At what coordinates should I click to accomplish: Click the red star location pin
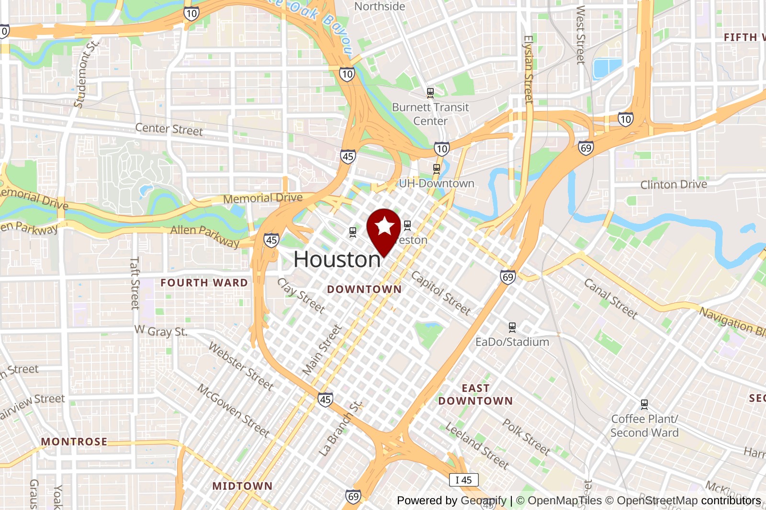tap(383, 229)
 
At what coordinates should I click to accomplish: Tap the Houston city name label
tap(337, 260)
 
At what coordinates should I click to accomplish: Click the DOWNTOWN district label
tap(364, 289)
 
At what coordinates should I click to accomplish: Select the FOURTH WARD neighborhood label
tap(204, 283)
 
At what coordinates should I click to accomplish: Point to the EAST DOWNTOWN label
tap(475, 395)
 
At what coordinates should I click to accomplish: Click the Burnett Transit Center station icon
tap(430, 92)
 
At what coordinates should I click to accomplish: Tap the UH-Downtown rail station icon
tap(436, 168)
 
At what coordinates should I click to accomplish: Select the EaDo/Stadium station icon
tap(512, 327)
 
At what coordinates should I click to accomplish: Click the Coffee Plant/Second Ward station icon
tap(644, 404)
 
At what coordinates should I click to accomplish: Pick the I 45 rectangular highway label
tap(463, 480)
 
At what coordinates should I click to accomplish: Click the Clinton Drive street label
tap(674, 185)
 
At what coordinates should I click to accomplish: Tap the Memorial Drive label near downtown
tap(263, 198)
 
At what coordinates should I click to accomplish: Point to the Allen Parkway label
tap(205, 235)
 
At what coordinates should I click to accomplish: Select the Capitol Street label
tap(441, 293)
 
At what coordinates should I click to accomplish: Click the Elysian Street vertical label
tap(529, 69)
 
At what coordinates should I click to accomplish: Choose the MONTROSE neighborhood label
tap(74, 442)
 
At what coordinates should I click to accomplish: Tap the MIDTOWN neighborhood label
tap(242, 486)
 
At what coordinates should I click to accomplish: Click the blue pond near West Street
tap(607, 68)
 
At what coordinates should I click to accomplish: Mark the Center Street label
tap(169, 129)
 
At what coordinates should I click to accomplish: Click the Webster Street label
tap(241, 366)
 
